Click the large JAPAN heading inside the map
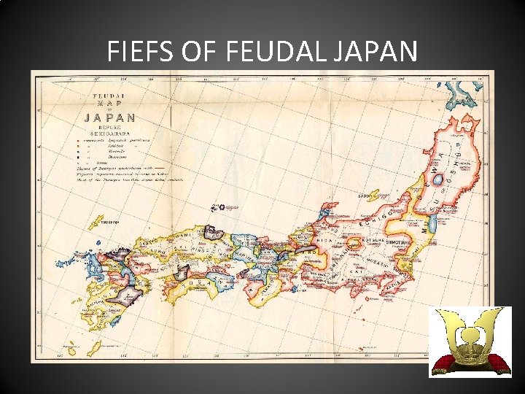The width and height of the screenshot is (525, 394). click(x=109, y=117)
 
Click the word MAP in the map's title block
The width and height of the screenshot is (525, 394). click(x=109, y=105)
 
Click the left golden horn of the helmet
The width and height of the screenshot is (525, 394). click(x=443, y=328)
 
